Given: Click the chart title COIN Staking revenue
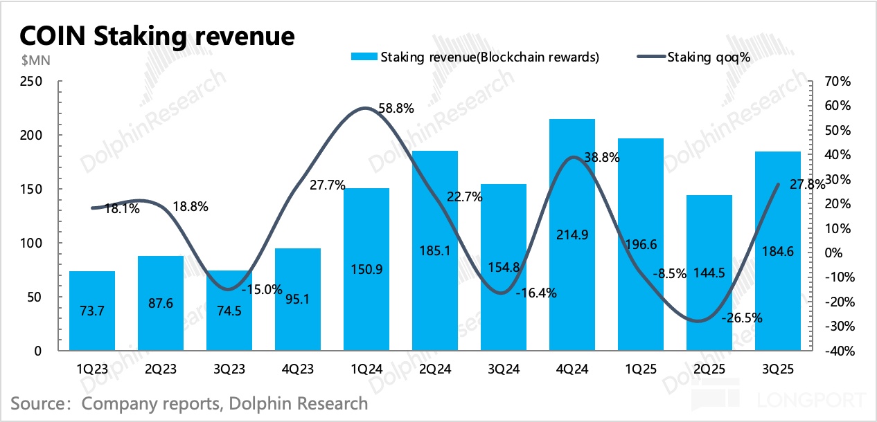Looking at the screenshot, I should tap(157, 36).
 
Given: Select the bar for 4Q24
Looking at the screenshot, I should tap(572, 235).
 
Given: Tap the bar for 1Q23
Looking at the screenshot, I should tap(92, 311).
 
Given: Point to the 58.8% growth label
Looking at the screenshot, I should tap(396, 109).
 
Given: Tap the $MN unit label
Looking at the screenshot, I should tap(27, 59).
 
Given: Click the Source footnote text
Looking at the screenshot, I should tap(189, 403).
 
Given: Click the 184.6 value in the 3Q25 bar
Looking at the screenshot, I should tap(778, 250).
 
